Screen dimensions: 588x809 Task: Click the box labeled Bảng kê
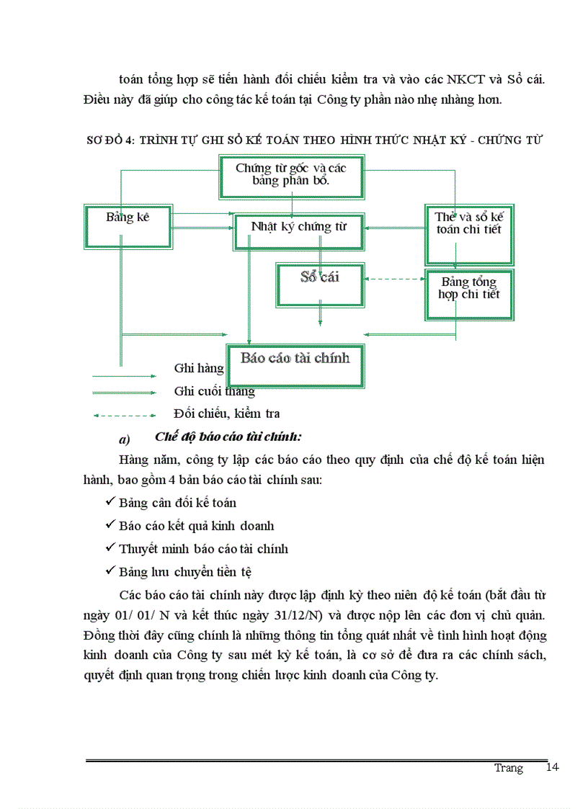pos(127,225)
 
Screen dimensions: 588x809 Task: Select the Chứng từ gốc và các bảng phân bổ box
pos(291,176)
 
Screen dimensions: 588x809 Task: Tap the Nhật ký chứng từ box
pos(299,231)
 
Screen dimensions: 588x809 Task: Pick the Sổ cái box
pos(320,283)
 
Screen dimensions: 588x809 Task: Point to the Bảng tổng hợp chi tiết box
pos(469,294)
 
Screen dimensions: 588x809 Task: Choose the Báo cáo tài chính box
pos(295,364)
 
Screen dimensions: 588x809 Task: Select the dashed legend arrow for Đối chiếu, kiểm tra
pos(124,415)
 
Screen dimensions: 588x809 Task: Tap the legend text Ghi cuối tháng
pos(215,391)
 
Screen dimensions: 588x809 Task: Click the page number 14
pos(553,767)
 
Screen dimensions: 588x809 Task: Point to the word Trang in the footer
pos(508,768)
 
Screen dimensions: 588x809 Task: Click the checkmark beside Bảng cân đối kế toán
pos(110,501)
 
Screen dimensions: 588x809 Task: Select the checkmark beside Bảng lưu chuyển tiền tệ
pos(110,571)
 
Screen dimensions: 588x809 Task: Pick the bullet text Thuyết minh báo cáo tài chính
pos(203,549)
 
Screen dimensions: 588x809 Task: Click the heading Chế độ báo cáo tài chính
pos(228,437)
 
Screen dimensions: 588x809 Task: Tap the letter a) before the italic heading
pos(123,439)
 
